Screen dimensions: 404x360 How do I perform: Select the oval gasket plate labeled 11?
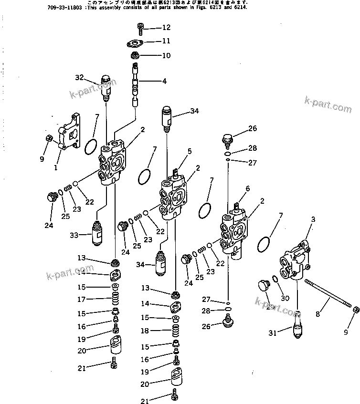136,43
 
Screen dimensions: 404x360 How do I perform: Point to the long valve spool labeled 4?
135,83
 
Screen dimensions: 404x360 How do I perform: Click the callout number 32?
79,77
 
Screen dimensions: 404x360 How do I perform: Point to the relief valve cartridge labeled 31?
296,324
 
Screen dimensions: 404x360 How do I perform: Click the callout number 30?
285,298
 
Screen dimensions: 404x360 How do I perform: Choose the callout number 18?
145,331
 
